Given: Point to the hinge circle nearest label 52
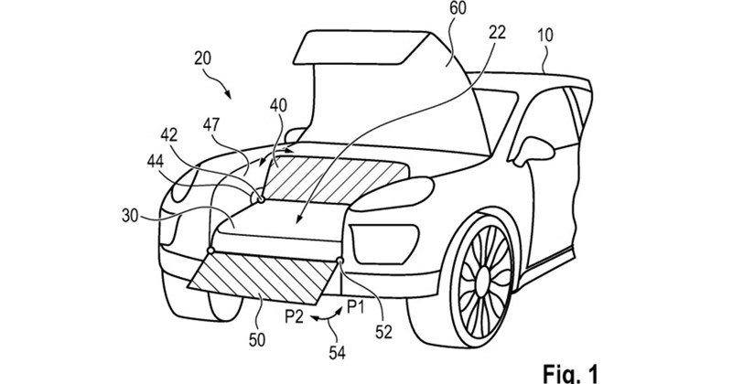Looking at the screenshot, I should click(x=340, y=261).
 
